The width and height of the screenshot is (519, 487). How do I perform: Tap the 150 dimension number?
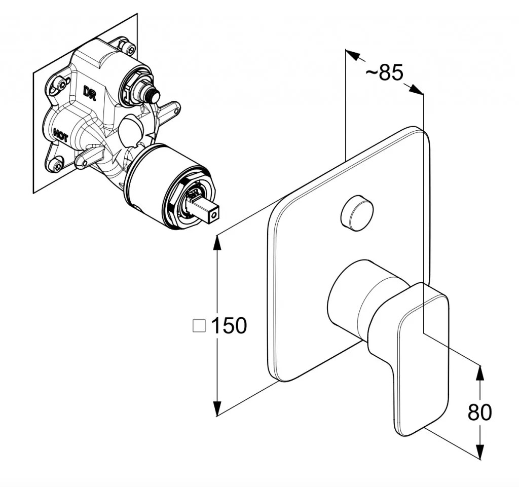tap(229, 325)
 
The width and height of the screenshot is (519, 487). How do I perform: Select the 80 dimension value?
tap(479, 413)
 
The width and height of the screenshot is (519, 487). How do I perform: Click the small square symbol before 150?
tap(199, 325)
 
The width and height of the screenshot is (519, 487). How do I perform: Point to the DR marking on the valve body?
tap(89, 93)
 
